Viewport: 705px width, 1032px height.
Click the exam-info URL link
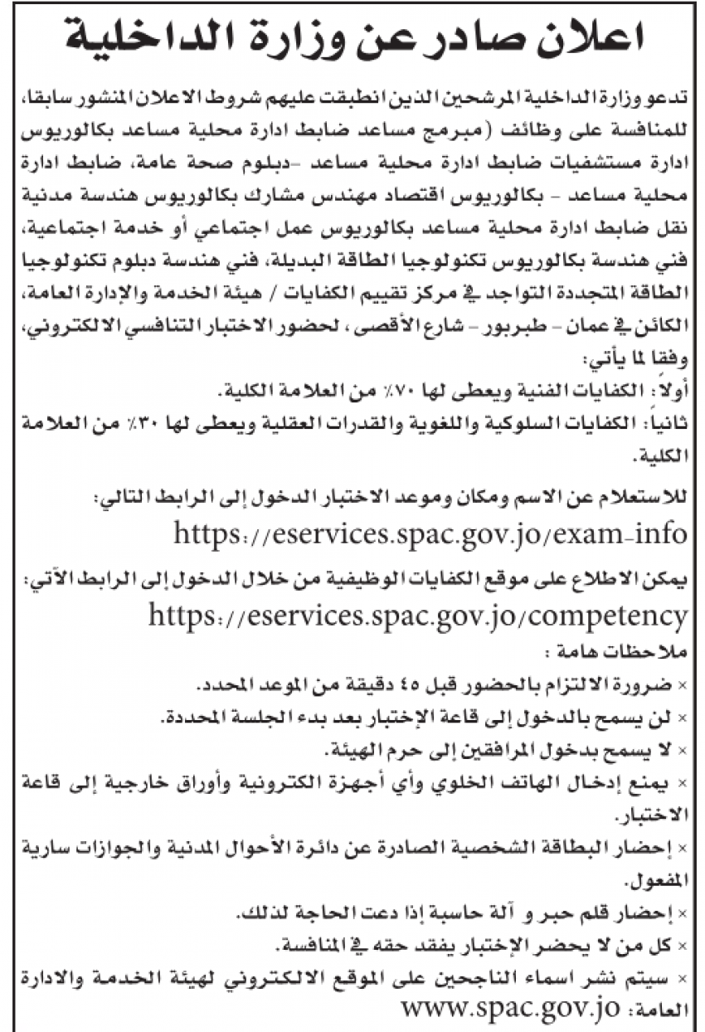430,532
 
